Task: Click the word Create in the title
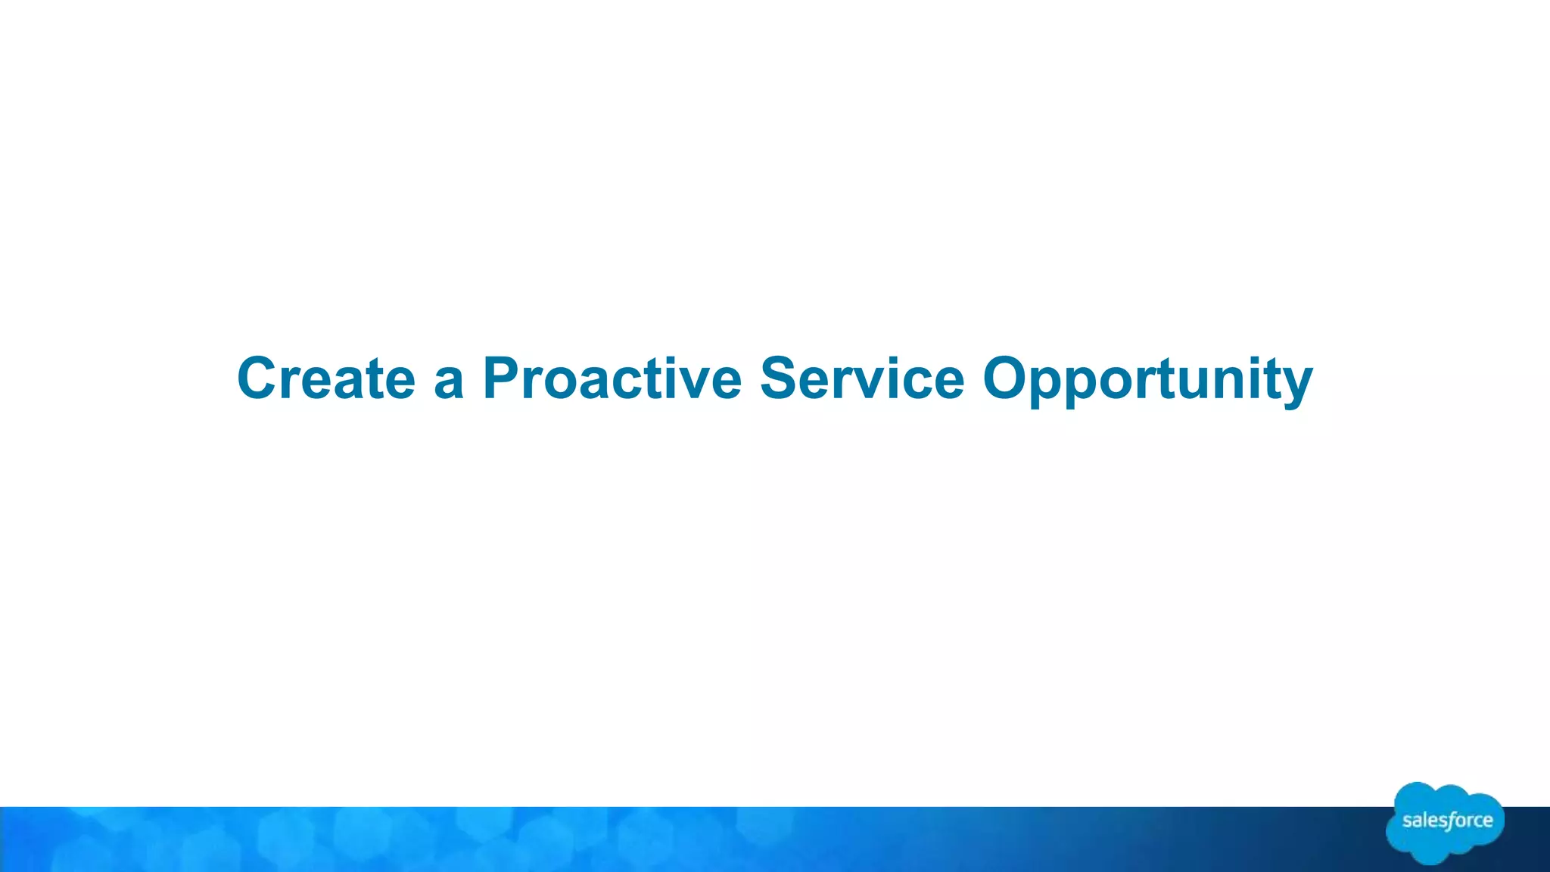(x=326, y=378)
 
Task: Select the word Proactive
(x=612, y=378)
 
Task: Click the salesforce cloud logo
(x=1445, y=822)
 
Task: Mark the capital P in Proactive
(x=503, y=378)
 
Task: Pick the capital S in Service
(x=782, y=378)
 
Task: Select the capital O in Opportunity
(x=1008, y=378)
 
